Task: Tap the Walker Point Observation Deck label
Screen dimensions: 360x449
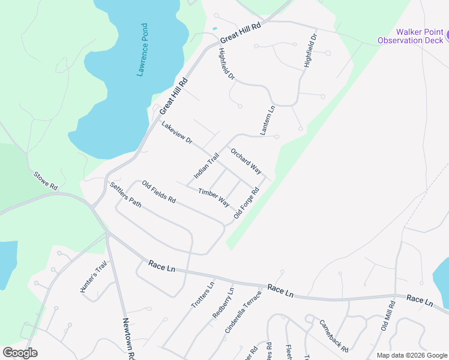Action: click(x=411, y=36)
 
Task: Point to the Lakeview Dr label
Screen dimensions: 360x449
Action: click(x=176, y=133)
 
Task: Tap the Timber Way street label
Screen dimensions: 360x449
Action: click(x=214, y=196)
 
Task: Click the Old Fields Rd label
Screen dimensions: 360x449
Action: click(x=159, y=191)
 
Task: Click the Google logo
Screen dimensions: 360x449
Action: click(x=20, y=353)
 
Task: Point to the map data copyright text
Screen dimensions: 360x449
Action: click(x=411, y=355)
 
